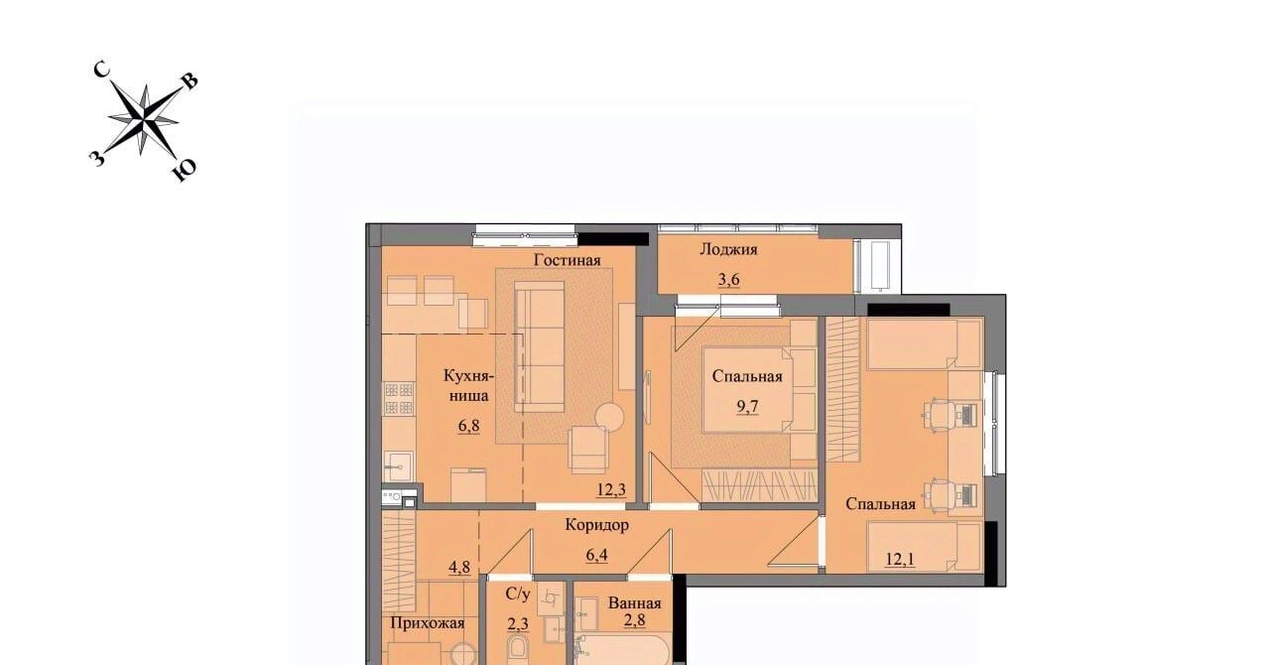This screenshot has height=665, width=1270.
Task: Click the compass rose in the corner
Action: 144,120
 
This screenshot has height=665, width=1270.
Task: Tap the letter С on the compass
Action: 101,69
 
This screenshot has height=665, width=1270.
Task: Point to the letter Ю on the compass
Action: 185,169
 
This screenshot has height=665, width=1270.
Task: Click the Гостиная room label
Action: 567,260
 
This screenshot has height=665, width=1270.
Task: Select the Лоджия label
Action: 728,249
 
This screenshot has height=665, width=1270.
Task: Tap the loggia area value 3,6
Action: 729,280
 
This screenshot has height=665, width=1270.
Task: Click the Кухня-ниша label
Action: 469,385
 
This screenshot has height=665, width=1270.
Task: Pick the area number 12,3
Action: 611,489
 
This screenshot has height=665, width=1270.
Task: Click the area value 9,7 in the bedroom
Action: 747,406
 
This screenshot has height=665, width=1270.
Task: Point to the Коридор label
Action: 597,525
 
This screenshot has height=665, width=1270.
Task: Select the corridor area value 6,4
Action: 597,555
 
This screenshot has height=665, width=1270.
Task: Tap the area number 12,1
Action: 900,560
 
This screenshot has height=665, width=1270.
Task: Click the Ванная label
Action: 634,602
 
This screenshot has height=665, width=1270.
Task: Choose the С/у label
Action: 518,595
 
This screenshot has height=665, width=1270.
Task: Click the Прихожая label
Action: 428,623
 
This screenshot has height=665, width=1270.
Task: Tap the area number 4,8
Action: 459,568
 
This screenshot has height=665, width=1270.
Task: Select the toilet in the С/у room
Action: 518,649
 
